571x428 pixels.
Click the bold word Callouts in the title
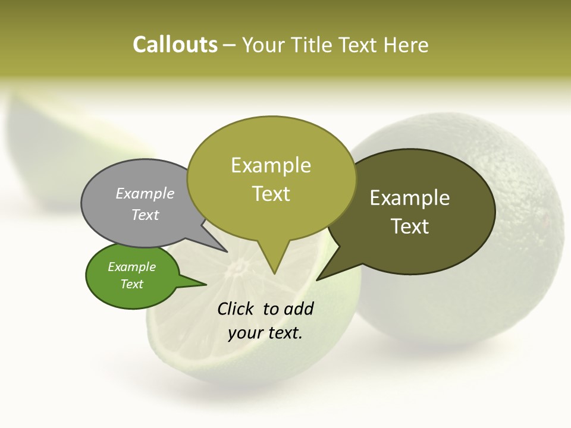[x=175, y=45]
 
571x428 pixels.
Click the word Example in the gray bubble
[x=145, y=193]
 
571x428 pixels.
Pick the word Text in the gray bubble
[x=145, y=215]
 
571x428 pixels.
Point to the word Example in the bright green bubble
[x=131, y=267]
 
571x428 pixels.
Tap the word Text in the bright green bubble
[x=131, y=284]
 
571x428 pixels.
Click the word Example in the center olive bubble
[x=271, y=165]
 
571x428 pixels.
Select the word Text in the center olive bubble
[x=271, y=193]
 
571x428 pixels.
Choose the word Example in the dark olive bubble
[x=410, y=197]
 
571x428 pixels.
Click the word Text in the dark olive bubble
[x=410, y=226]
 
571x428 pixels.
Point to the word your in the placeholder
[x=244, y=333]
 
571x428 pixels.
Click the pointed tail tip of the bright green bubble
[x=206, y=285]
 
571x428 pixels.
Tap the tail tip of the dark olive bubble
[x=317, y=279]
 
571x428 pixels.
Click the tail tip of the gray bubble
[x=227, y=251]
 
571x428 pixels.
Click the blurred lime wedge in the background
[x=65, y=149]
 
